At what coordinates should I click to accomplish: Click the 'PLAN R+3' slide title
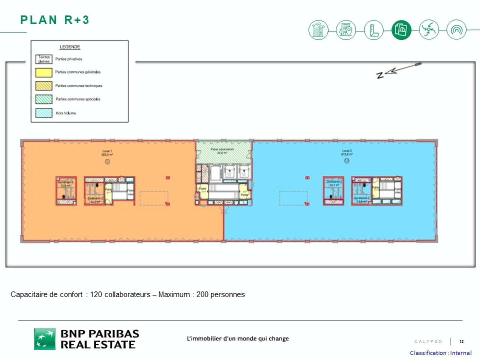pos(55,20)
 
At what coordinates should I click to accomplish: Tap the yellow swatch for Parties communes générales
pos(44,72)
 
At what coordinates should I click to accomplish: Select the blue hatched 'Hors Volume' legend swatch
pos(44,113)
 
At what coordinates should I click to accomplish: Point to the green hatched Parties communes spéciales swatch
pos(44,99)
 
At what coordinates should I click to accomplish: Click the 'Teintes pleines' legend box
pos(44,59)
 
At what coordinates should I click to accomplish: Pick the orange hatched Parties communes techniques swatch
pos(44,85)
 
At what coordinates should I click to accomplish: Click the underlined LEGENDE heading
pos(70,47)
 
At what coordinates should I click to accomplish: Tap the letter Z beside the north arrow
pos(380,75)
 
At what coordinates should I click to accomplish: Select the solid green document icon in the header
pos(401,30)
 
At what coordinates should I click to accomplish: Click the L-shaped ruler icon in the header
pos(373,30)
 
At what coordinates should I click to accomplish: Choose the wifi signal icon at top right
pos(456,30)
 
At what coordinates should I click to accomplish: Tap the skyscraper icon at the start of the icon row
pos(318,30)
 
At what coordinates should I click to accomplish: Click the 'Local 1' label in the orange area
pos(107,151)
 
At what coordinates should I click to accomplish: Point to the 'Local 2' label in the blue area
pos(347,151)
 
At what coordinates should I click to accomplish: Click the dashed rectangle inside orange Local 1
pos(154,198)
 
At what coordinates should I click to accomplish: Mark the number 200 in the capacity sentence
pos(202,294)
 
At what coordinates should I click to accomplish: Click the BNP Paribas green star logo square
pos(45,339)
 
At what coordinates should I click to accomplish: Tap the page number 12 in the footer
pos(462,341)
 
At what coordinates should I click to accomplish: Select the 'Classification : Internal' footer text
pos(441,353)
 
